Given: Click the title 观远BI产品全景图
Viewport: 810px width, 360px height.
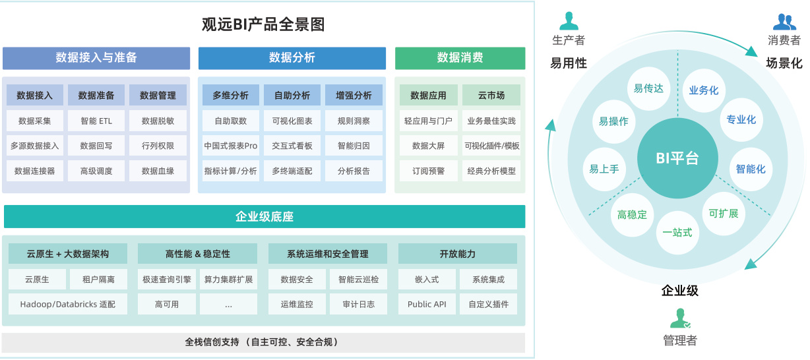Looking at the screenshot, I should point(263,25).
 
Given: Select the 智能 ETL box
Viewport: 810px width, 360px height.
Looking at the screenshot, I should point(96,121).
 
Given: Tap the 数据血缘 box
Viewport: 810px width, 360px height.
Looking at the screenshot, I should point(158,171).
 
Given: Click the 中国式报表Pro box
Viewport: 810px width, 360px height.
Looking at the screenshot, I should point(230,146).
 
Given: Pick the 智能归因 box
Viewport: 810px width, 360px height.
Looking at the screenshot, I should point(354,146).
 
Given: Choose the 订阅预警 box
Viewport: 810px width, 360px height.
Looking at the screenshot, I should point(428,171).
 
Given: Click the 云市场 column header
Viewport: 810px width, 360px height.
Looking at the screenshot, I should point(491,96).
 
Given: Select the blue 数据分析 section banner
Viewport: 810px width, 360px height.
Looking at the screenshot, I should point(292,58).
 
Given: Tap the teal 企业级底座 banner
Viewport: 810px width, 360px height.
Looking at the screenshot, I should point(265,216).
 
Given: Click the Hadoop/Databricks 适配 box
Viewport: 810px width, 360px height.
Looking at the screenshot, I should point(67,304).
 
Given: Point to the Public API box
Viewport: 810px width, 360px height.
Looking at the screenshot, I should point(427,304).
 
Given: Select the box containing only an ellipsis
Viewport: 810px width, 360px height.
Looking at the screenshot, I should point(228,304).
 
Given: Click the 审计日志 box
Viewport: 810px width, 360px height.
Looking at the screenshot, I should point(358,304).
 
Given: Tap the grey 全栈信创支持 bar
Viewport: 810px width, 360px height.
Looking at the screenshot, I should point(263,342).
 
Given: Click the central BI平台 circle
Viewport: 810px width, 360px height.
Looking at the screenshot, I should point(677,159).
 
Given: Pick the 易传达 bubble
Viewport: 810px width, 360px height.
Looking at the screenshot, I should point(648,88).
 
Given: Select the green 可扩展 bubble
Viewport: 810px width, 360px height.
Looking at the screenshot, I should point(723,214).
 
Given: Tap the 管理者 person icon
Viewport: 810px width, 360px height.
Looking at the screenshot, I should point(680,318).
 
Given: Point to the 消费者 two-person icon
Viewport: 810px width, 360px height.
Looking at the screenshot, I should point(784,22).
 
